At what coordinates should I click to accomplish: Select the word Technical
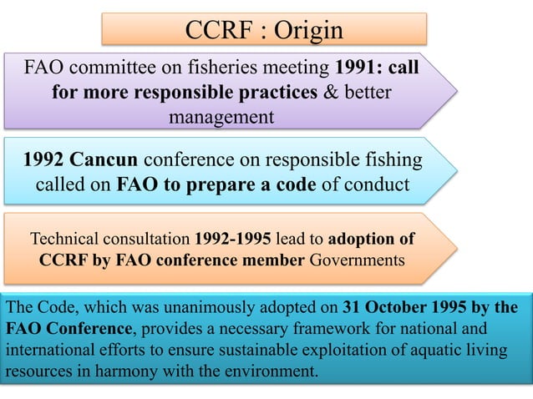[x=69, y=238]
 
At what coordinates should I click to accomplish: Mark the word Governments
[x=358, y=259]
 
